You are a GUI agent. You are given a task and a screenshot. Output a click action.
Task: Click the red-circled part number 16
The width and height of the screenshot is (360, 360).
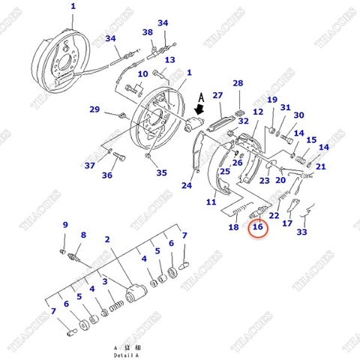pos(257,227)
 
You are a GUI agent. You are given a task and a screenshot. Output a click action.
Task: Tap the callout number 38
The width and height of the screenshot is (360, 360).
pos(148,32)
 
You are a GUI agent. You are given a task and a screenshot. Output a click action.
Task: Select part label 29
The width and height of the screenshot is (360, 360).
pos(94,109)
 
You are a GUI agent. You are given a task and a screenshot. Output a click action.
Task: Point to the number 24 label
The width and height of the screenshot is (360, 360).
pos(187,185)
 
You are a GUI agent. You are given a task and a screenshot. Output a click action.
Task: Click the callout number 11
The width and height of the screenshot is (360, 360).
pos(211,202)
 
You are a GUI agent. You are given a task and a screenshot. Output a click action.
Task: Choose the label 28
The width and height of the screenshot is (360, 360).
pos(238,83)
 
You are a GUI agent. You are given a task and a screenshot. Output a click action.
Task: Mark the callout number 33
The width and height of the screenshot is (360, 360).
pos(301,232)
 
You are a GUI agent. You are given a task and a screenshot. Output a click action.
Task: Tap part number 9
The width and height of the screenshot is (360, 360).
pos(65,225)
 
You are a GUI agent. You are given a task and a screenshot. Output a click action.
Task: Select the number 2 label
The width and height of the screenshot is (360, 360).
pos(108,239)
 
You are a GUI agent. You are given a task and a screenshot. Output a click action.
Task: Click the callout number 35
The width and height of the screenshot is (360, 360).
pos(161,172)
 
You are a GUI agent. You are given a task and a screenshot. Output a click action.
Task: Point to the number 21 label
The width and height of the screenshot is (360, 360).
pos(320,166)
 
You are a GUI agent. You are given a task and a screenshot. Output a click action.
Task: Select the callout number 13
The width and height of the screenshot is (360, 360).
pos(170,60)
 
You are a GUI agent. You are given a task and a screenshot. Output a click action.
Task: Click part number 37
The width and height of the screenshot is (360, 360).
pos(89,166)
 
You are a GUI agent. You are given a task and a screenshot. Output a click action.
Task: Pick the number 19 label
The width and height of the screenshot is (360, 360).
pos(271,100)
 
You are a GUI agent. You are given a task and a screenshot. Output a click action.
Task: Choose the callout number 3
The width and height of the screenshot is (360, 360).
pos(108,281)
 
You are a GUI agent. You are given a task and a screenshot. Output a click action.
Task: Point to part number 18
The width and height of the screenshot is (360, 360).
pos(234,227)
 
